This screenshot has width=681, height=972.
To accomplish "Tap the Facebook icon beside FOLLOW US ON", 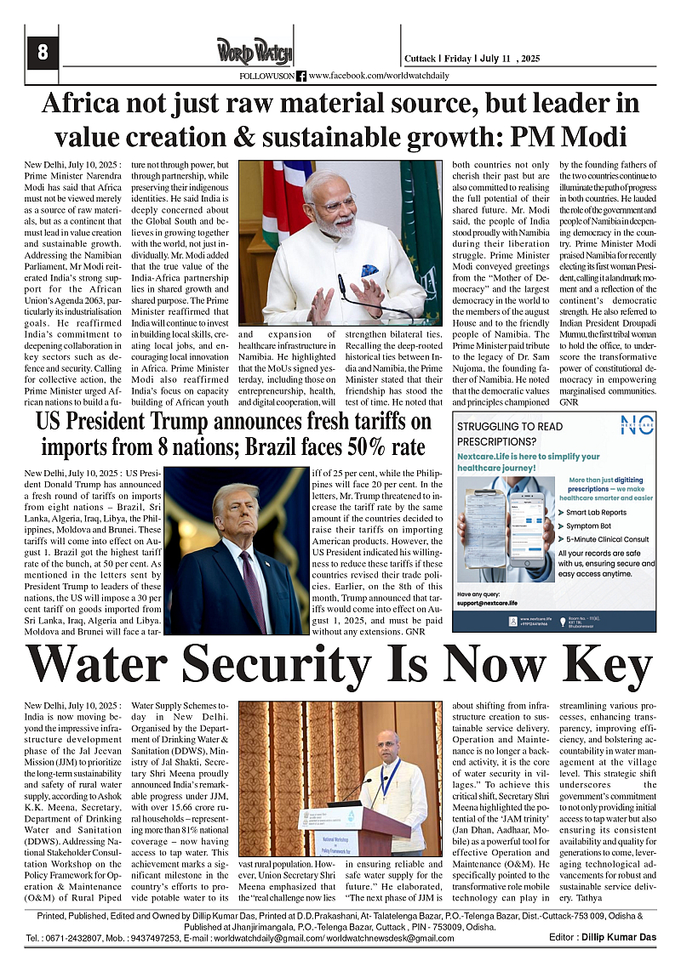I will [x=301, y=77].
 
